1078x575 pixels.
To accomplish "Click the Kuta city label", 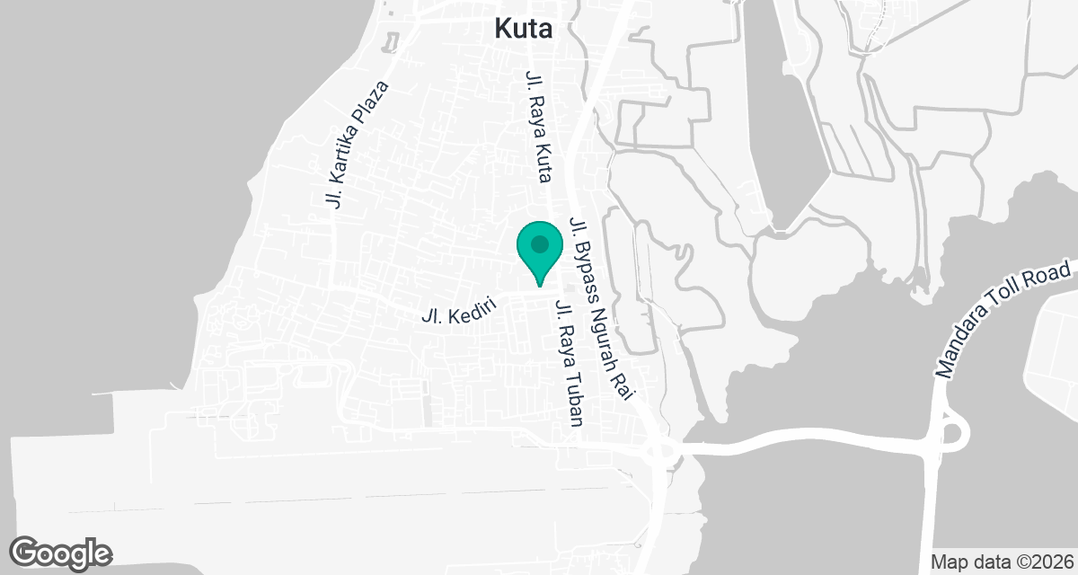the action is click(524, 29).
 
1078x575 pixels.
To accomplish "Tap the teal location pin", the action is click(539, 251).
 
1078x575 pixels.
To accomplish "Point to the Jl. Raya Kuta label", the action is click(537, 126).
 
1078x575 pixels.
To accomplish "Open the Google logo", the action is click(61, 553).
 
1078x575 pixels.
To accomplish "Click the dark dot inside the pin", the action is click(539, 243).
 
